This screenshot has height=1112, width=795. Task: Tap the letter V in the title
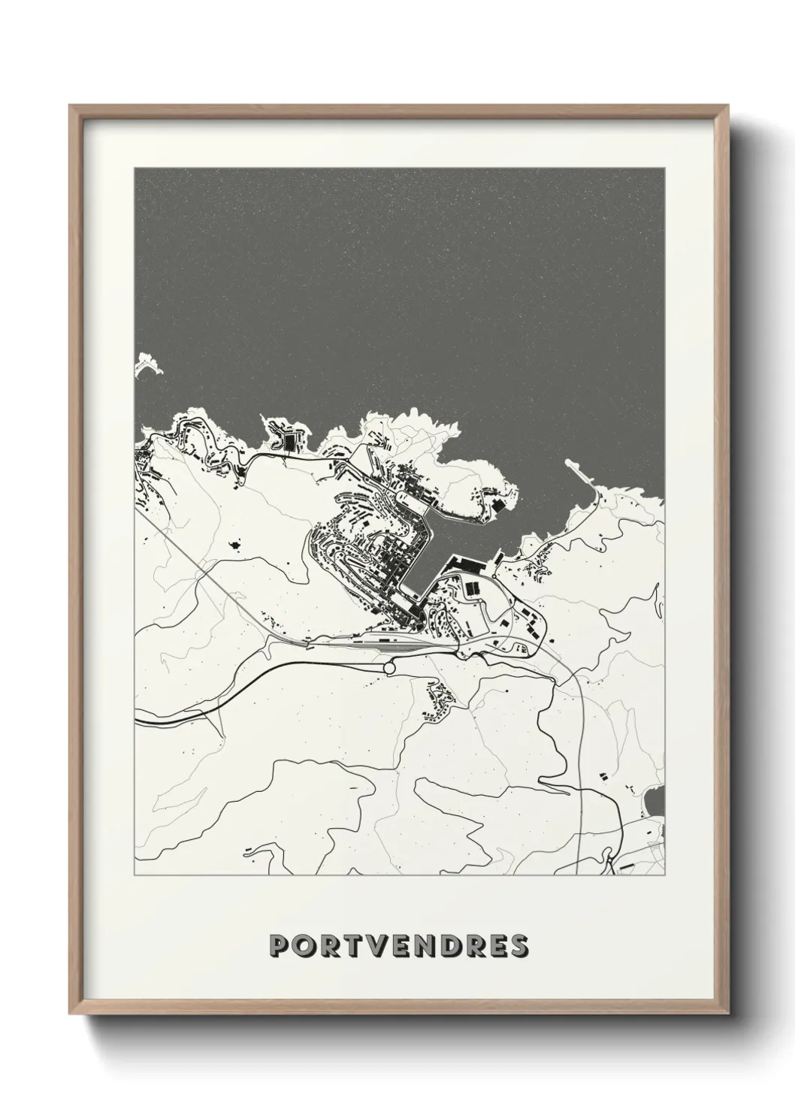[x=378, y=945]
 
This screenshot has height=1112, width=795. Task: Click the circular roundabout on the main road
[x=389, y=667]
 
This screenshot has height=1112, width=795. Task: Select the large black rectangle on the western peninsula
[x=288, y=443]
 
